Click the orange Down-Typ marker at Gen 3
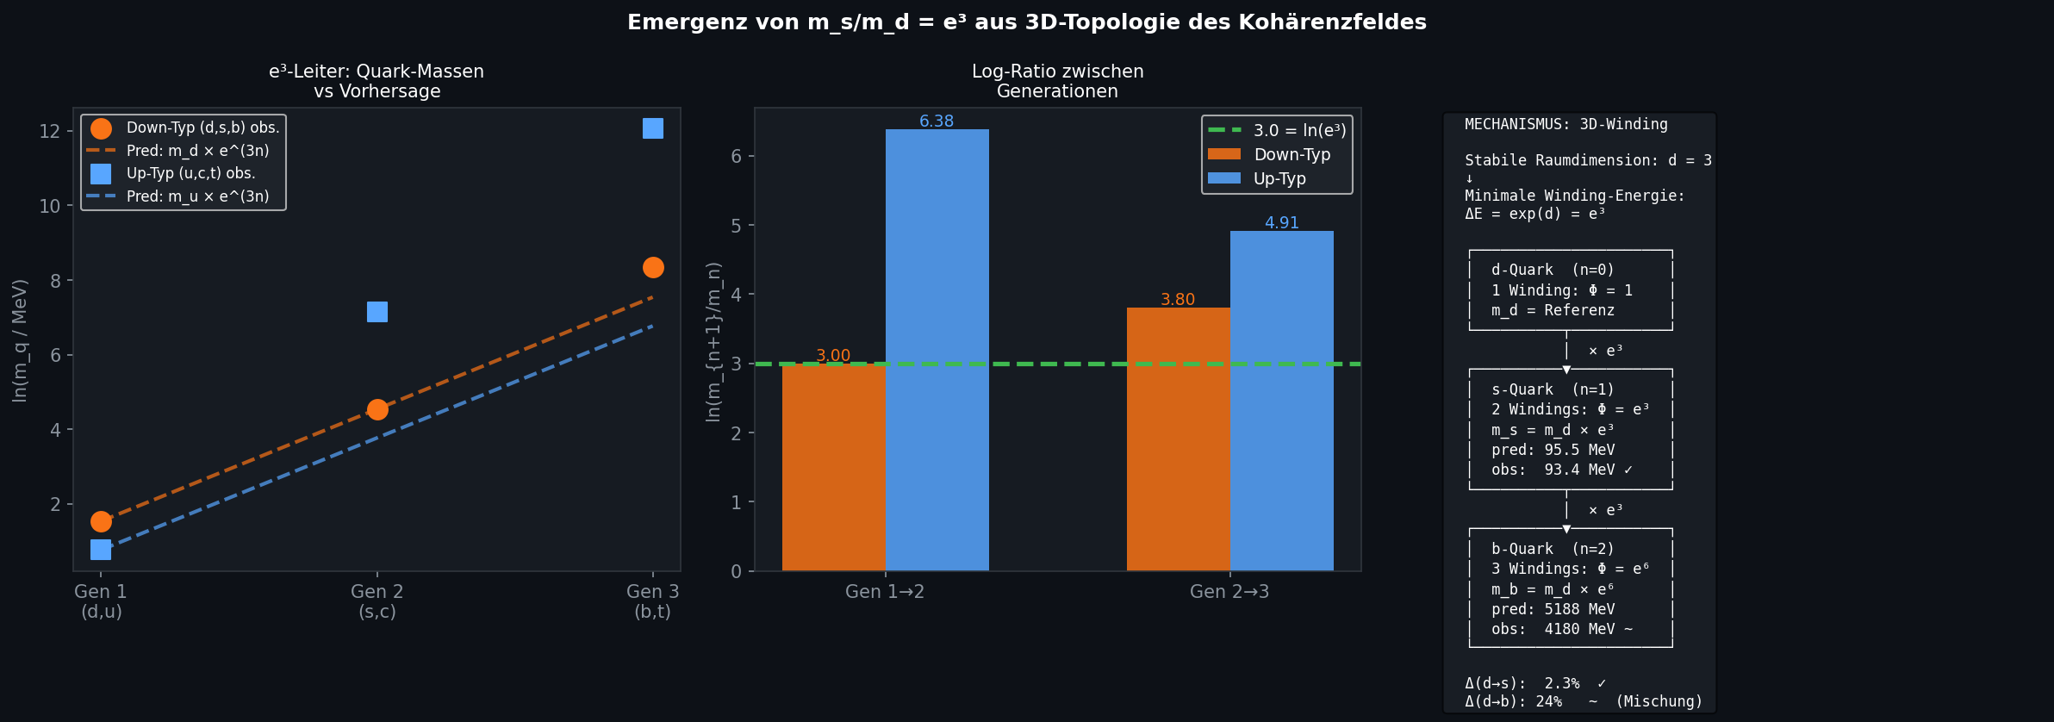[x=653, y=268]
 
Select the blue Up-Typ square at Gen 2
[x=377, y=312]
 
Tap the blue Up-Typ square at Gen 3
[x=653, y=128]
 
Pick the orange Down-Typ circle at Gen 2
[x=377, y=409]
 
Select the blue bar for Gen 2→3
[x=1281, y=401]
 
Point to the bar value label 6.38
[x=937, y=121]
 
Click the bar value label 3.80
[x=1178, y=300]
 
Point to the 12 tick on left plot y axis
[x=50, y=131]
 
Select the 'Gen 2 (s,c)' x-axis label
[x=377, y=601]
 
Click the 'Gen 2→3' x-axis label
[x=1229, y=592]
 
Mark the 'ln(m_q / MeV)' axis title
[x=20, y=340]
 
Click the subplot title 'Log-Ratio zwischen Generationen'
[x=1057, y=81]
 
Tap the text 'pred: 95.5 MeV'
[x=1553, y=450]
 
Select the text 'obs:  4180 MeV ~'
[x=1561, y=629]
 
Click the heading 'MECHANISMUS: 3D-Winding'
[x=1566, y=124]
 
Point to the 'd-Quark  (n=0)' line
[x=1553, y=270]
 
